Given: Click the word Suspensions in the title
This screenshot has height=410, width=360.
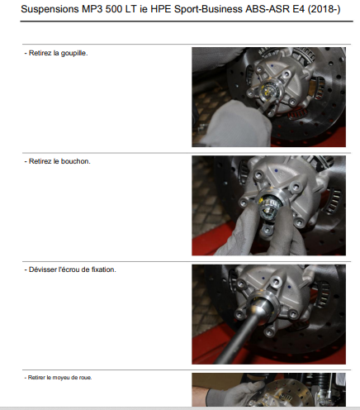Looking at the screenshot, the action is click(x=50, y=10).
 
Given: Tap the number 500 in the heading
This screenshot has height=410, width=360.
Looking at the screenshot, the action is click(x=114, y=9).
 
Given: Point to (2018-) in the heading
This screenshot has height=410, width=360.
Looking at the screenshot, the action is click(x=324, y=10).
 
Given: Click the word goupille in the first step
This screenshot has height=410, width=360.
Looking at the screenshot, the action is click(x=74, y=53).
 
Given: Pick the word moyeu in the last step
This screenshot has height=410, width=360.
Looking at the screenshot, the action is click(x=61, y=378).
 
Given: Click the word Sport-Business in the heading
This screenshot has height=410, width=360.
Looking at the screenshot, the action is click(x=208, y=10).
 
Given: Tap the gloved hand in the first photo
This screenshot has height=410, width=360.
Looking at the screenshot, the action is click(x=237, y=124).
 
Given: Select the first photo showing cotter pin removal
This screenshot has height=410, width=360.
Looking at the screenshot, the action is click(x=268, y=97).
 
